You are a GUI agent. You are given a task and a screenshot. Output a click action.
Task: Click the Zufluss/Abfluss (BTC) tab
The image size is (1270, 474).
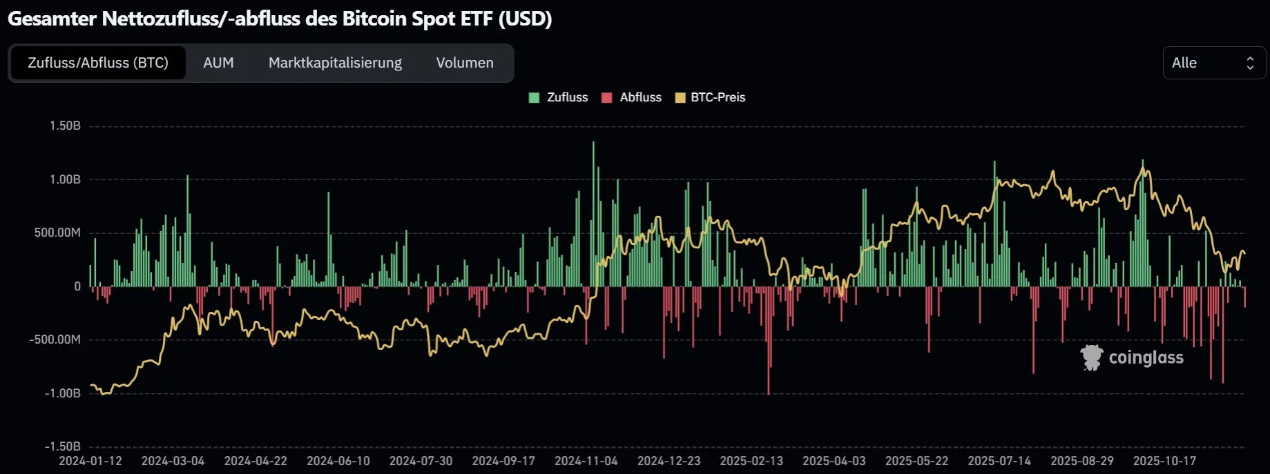coord(97,63)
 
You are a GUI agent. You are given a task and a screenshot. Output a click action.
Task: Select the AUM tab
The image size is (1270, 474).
coord(218,63)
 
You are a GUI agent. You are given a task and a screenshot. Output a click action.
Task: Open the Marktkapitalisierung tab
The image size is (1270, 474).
coord(335,63)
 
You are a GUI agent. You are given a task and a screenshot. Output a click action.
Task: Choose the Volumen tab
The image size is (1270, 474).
coord(465,63)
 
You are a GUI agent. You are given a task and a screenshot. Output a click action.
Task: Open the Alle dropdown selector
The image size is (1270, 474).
coord(1213,63)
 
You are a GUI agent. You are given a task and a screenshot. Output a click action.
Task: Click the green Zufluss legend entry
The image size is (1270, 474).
coord(559,97)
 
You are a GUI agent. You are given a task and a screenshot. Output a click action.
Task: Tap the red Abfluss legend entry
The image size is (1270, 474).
coord(632,97)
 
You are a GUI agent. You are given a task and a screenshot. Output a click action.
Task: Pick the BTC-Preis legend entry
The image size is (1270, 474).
coord(711,97)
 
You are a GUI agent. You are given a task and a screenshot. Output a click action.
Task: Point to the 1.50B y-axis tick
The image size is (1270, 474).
coord(65,126)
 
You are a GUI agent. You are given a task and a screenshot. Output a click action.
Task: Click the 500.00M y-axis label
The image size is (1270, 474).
coord(57,233)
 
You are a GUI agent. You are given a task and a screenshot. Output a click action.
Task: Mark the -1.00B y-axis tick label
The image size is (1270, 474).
coord(62,393)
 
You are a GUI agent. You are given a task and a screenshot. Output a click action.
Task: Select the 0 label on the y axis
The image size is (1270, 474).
coord(77,286)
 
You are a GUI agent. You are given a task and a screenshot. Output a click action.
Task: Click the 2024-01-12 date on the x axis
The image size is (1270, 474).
coord(90,461)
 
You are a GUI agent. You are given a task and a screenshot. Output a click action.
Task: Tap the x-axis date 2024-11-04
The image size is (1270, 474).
coord(586,461)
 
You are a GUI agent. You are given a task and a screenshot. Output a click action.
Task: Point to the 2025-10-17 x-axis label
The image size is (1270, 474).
coord(1164,461)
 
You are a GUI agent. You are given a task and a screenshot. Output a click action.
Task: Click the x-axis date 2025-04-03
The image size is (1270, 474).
coord(834,461)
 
